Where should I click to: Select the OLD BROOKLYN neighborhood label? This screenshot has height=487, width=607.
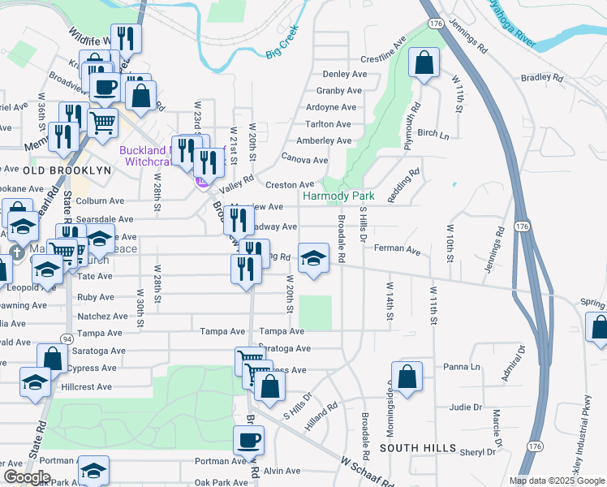[56, 170]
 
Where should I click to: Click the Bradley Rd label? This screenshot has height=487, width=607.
[542, 78]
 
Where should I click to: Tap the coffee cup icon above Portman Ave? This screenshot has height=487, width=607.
[248, 441]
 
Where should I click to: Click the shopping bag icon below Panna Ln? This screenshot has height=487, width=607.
[407, 377]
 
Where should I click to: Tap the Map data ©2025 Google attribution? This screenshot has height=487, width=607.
[556, 481]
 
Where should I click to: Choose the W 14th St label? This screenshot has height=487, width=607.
[390, 301]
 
